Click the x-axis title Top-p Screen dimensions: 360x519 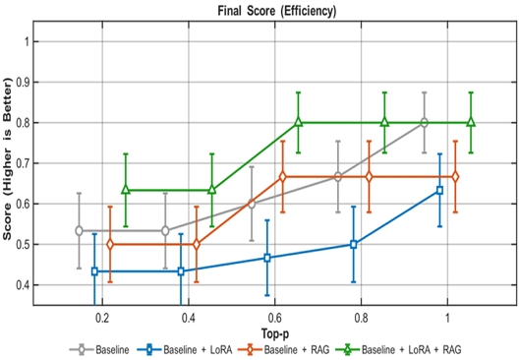coord(273,333)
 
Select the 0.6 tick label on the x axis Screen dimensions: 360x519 coord(273,320)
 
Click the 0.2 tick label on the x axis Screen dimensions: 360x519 coord(101,320)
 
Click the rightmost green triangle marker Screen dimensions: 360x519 coord(471,123)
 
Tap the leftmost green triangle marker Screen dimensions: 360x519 coord(125,189)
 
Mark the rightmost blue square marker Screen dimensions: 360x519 coord(439,190)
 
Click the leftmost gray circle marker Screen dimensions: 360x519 coord(79,231)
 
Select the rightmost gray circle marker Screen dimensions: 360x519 coord(424,123)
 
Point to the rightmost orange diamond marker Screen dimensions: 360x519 coord(455,177)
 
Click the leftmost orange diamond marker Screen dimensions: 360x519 coord(109,244)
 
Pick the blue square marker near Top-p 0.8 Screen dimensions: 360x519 coord(353,244)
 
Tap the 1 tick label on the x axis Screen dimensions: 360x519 coord(447,320)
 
